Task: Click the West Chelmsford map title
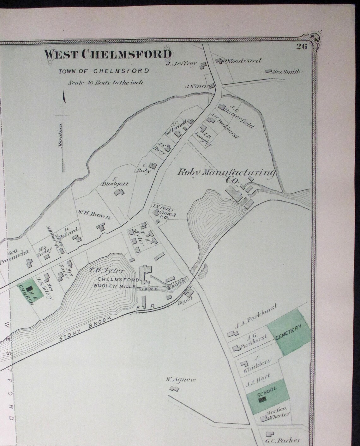108,54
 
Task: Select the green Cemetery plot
289,332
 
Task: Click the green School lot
267,394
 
